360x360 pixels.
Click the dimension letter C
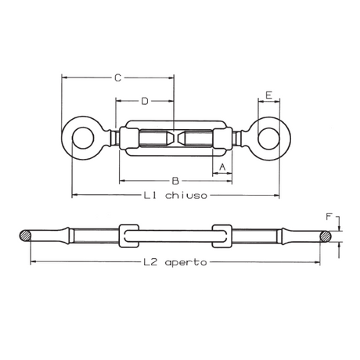[x=117, y=77]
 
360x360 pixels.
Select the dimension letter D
[x=145, y=101]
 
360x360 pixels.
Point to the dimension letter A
[x=222, y=167]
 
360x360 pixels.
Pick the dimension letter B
[x=175, y=180]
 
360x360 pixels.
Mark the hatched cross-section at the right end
[x=323, y=235]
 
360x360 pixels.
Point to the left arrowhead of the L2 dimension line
[x=33, y=262]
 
